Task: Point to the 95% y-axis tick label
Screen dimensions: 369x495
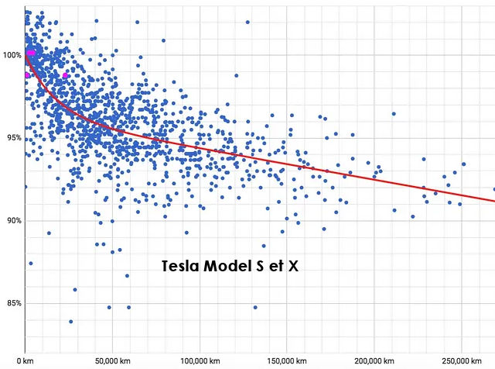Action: tap(12, 139)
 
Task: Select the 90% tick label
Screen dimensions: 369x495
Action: tap(12, 221)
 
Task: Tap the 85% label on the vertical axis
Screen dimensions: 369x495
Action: tap(12, 303)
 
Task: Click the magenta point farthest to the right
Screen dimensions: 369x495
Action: tap(66, 75)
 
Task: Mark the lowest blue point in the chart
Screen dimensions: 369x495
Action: tap(70, 321)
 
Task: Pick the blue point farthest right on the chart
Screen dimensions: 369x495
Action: tap(493, 188)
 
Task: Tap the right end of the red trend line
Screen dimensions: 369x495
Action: tap(494, 200)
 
